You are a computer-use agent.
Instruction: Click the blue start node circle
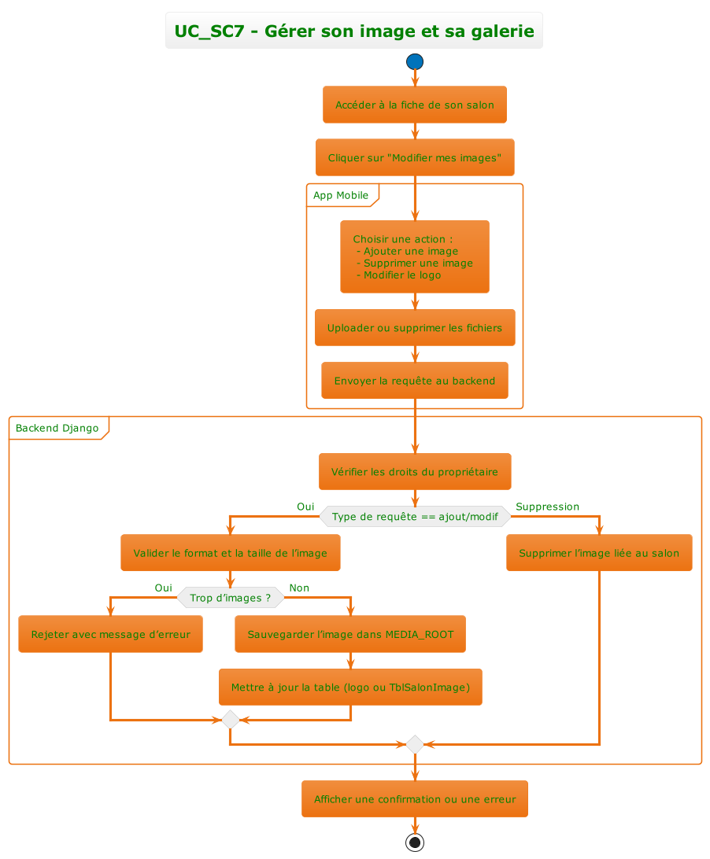(x=415, y=61)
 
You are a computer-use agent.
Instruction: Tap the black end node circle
(x=415, y=842)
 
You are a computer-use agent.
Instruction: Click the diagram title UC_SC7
(x=354, y=31)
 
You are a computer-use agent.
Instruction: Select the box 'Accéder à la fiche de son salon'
(x=415, y=105)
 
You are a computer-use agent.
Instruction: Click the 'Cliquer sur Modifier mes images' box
(x=415, y=157)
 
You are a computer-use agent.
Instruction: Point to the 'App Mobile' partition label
(x=341, y=195)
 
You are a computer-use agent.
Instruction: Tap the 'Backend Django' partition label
(x=57, y=428)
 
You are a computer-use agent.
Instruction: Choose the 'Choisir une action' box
(x=415, y=256)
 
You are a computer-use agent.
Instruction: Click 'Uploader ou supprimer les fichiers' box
(x=415, y=327)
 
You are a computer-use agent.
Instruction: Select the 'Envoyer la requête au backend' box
(x=415, y=381)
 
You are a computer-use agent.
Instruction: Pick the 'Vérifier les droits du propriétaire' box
(x=415, y=472)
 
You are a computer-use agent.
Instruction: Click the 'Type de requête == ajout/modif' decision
(x=415, y=516)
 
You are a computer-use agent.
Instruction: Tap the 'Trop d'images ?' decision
(x=230, y=598)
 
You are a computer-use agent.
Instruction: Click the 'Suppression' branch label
(x=547, y=507)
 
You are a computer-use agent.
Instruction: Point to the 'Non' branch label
(x=299, y=588)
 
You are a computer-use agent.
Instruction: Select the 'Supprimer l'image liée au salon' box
(x=599, y=553)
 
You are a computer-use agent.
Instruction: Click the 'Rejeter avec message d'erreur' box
(x=110, y=634)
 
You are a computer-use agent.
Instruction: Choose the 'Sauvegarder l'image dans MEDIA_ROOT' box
(x=350, y=634)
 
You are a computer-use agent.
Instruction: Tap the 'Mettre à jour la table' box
(x=350, y=688)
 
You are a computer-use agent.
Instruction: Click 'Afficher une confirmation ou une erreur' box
(x=415, y=799)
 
